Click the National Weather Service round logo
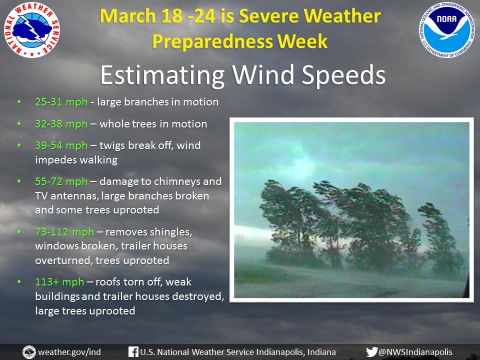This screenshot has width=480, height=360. point(32,29)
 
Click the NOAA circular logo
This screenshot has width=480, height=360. point(446,29)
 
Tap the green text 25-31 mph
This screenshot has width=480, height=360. point(61,102)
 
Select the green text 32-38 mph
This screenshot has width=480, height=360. point(61,124)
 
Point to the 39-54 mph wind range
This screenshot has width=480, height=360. point(61,145)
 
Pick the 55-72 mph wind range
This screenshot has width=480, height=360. point(61,181)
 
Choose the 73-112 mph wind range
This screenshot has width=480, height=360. point(64,232)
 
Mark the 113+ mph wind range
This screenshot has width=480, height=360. point(59,282)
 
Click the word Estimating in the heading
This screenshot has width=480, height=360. point(162,75)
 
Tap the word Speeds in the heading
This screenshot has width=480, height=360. point(343,75)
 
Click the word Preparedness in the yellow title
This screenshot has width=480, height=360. point(212,41)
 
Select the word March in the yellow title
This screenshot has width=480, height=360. point(126,16)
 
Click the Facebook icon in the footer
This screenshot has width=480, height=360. point(133,351)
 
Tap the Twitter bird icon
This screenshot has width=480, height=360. point(372,351)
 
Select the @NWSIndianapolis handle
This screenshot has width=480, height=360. point(415,352)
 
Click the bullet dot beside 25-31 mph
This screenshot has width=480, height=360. point(19,101)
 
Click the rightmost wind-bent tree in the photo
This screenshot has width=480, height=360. point(441,239)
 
